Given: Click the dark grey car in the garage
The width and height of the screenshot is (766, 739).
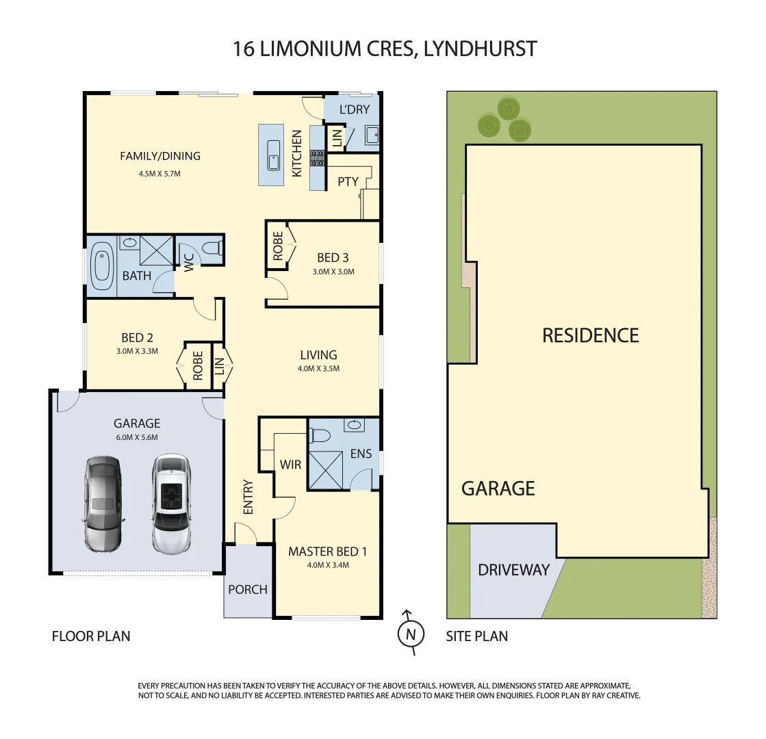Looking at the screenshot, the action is click(x=103, y=504).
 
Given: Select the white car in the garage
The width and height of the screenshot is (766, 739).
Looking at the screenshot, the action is click(x=171, y=504).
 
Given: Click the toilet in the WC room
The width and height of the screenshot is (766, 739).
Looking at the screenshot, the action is click(x=212, y=249).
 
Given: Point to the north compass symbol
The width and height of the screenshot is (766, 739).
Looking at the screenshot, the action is click(x=410, y=633).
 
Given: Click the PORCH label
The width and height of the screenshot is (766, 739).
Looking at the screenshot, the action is click(x=248, y=590).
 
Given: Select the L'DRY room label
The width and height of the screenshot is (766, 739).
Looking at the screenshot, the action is click(x=355, y=109).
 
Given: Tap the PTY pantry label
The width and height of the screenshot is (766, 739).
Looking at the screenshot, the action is click(x=348, y=182).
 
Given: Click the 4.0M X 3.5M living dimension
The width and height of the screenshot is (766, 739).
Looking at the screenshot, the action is click(x=318, y=369).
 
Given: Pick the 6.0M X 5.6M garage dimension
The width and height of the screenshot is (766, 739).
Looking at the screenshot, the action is click(x=137, y=438).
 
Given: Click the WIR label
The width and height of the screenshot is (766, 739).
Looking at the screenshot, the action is click(x=290, y=465).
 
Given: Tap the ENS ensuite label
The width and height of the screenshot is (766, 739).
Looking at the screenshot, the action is click(x=361, y=454).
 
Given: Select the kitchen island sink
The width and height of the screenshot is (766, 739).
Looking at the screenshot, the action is click(x=274, y=155).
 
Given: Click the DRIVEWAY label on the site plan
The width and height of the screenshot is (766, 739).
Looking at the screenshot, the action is click(x=513, y=570).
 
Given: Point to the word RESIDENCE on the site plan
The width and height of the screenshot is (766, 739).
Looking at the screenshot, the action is click(x=591, y=335).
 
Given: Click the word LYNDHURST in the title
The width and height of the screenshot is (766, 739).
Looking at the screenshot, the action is click(x=481, y=49).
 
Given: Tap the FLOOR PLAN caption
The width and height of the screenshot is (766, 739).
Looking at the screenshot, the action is click(x=91, y=636).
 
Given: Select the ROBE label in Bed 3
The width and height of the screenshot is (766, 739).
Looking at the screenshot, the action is click(x=278, y=246).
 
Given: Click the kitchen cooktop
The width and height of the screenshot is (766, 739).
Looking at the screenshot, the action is click(x=318, y=158).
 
